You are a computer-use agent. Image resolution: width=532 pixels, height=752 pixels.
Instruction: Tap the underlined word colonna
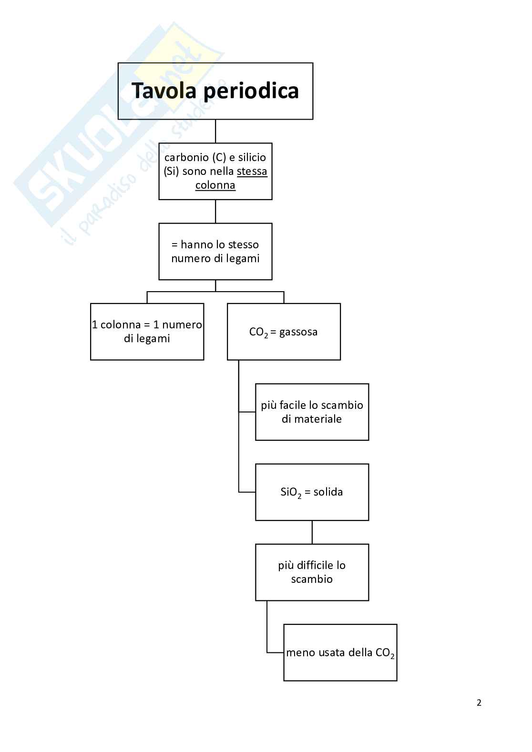coord(215,185)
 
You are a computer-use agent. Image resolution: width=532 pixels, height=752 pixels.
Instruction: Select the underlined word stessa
coord(252,171)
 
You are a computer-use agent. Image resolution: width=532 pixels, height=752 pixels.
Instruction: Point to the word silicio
coord(252,157)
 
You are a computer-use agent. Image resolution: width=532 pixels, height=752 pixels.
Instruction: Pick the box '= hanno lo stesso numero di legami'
coord(215,251)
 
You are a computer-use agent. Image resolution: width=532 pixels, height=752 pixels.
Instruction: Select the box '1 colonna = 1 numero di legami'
coord(147,332)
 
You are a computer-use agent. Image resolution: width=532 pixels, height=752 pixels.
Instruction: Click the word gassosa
coord(298,332)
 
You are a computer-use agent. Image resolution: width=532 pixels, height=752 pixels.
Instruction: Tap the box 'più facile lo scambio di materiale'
coord(312,412)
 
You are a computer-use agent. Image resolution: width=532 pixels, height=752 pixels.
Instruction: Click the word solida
coord(328,492)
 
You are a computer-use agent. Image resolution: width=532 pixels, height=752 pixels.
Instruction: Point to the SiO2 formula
coord(291,492)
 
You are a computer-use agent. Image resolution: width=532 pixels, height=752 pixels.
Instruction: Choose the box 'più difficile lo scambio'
coord(312,572)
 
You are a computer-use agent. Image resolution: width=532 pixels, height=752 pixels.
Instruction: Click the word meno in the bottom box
coord(297,652)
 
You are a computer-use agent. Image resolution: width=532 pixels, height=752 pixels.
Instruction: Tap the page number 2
coord(479,702)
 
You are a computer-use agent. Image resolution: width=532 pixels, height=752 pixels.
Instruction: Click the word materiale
coord(318,419)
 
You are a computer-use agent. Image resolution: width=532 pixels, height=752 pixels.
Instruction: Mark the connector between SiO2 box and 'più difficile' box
coord(312,532)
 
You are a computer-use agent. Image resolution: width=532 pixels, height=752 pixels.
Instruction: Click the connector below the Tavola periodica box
coord(215,131)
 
